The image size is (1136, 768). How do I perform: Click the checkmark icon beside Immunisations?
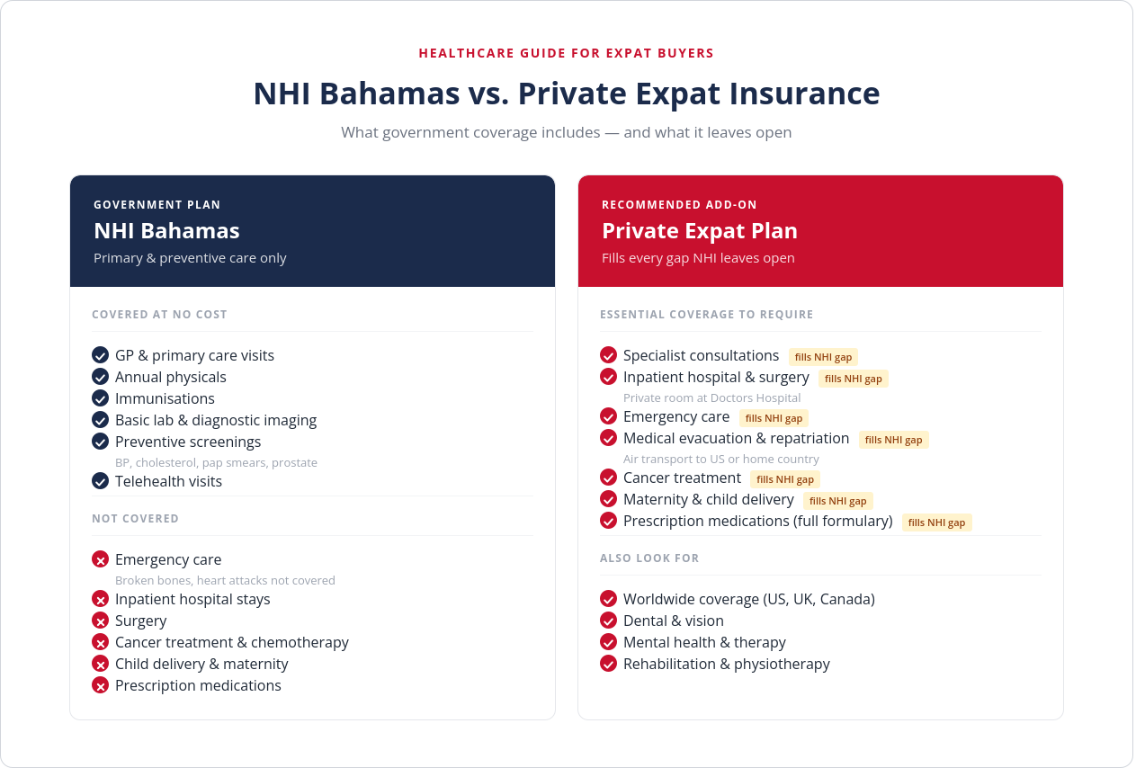click(x=101, y=398)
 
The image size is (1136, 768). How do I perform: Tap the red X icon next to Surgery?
click(x=101, y=621)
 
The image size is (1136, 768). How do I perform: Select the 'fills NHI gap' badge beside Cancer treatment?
click(x=785, y=479)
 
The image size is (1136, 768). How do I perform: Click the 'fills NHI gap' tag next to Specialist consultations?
click(x=823, y=357)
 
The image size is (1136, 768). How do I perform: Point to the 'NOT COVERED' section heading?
click(x=136, y=519)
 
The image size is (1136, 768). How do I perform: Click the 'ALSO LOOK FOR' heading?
click(x=649, y=558)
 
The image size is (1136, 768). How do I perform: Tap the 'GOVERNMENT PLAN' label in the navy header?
click(x=157, y=205)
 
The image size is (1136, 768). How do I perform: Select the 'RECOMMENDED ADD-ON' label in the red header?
click(x=680, y=205)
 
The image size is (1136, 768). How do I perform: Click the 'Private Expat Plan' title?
click(x=700, y=230)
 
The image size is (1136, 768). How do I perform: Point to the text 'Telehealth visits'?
click(x=168, y=481)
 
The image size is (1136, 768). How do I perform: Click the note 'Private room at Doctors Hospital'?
click(x=712, y=398)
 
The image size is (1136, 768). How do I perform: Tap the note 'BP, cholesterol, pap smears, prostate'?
click(x=216, y=462)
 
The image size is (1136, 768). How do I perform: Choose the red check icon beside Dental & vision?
click(x=609, y=621)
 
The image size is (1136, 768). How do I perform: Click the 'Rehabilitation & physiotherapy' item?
click(x=727, y=664)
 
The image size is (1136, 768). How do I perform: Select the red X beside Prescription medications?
click(x=101, y=685)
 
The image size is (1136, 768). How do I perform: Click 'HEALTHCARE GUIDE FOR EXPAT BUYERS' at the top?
click(x=567, y=53)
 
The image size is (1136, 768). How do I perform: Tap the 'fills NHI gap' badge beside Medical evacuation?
click(x=893, y=440)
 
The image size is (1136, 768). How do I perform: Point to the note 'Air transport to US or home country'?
click(x=721, y=459)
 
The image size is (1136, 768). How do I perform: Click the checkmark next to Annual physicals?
click(x=101, y=377)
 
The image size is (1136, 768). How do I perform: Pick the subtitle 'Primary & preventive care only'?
click(x=190, y=258)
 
